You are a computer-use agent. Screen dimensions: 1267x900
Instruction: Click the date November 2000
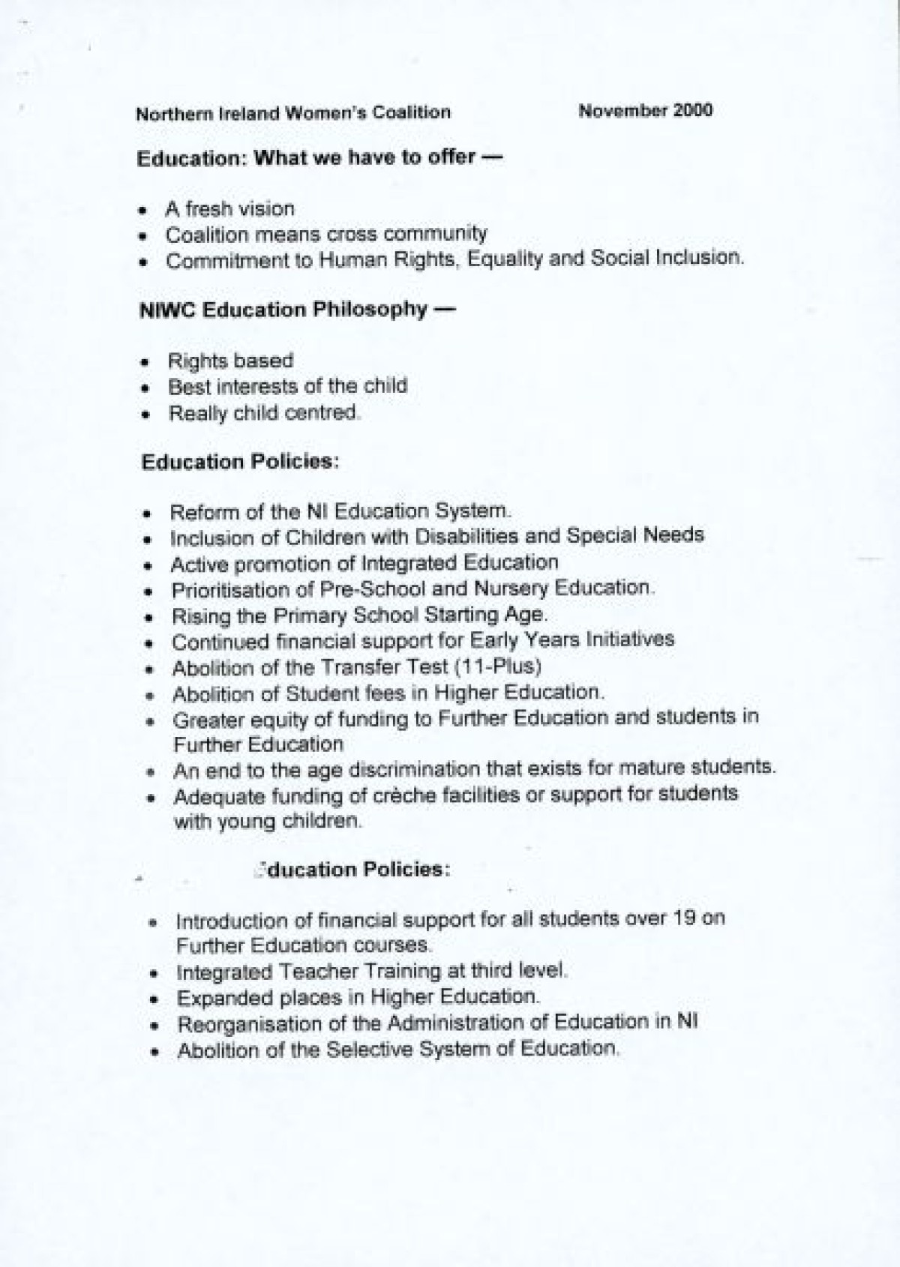coord(645,111)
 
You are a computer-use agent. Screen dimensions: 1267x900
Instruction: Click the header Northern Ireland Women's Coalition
coord(293,113)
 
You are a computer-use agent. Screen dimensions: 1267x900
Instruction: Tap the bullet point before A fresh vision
coord(142,211)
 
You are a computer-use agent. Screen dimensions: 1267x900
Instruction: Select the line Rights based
coord(230,361)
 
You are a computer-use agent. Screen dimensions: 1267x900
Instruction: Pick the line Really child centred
coord(264,413)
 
